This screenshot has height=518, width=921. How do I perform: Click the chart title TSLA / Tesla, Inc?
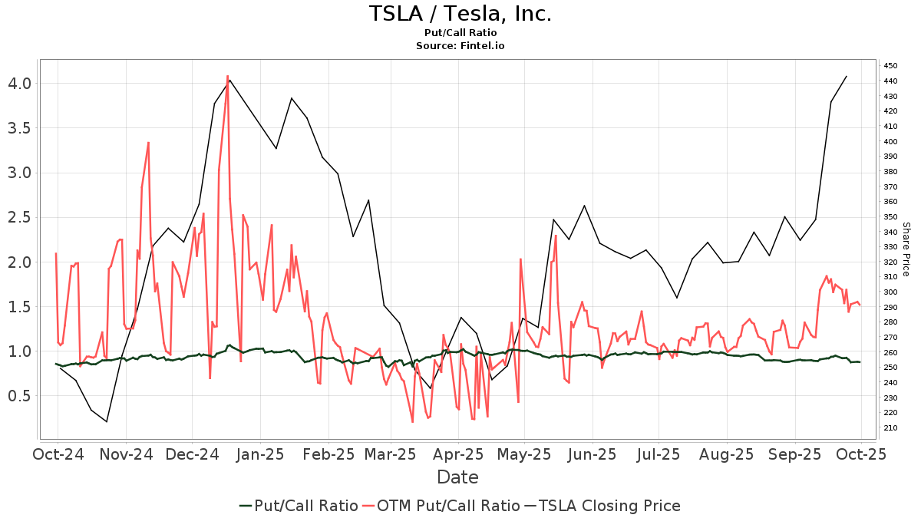pyautogui.click(x=460, y=14)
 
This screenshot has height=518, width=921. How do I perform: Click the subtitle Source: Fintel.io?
pyautogui.click(x=460, y=46)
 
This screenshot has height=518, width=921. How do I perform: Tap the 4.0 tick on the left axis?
pyautogui.click(x=18, y=83)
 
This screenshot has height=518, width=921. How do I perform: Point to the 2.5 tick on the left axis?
pyautogui.click(x=18, y=217)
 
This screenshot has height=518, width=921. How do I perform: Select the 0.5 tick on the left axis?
pyautogui.click(x=18, y=396)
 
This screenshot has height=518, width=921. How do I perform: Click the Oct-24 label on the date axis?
pyautogui.click(x=58, y=454)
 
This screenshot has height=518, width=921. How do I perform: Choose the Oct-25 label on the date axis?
pyautogui.click(x=861, y=454)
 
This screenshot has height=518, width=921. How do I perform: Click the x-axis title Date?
pyautogui.click(x=457, y=477)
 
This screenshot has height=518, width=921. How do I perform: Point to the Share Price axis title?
pyautogui.click(x=906, y=249)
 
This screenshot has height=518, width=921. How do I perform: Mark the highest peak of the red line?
pyautogui.click(x=227, y=76)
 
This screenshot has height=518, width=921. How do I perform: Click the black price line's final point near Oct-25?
pyautogui.click(x=846, y=76)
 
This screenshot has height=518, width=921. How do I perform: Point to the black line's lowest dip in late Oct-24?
pyautogui.click(x=107, y=421)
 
